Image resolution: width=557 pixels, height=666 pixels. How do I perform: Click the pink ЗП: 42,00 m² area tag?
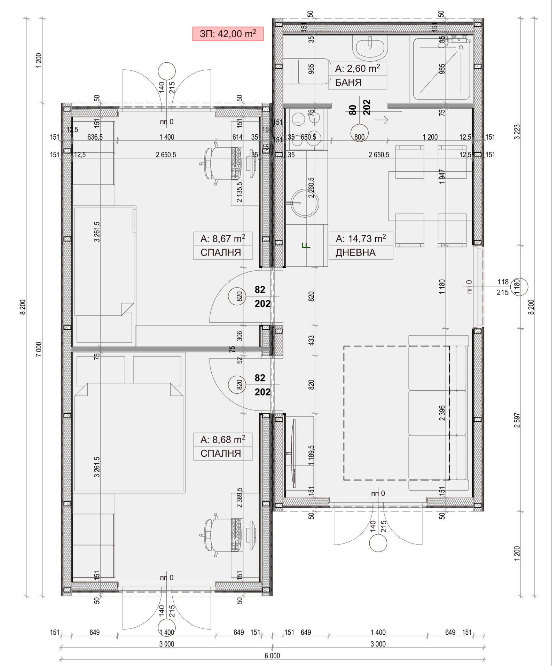coord(228,34)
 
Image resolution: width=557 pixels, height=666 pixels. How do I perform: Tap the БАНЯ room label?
coord(348,83)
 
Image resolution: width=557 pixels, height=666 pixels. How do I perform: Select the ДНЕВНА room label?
coord(355,252)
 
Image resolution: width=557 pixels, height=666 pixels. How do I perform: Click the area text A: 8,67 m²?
coord(222,239)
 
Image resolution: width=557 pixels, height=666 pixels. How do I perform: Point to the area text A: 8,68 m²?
coord(222,440)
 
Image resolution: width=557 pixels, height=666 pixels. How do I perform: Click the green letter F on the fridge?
coord(306,246)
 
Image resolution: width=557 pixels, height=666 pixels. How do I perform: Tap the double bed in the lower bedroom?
coord(129,437)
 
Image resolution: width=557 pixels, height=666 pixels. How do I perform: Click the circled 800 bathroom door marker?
coord(359,137)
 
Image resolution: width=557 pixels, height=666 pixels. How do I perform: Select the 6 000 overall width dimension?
coord(272,656)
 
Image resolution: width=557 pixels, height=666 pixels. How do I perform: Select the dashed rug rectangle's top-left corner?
coord(344,346)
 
